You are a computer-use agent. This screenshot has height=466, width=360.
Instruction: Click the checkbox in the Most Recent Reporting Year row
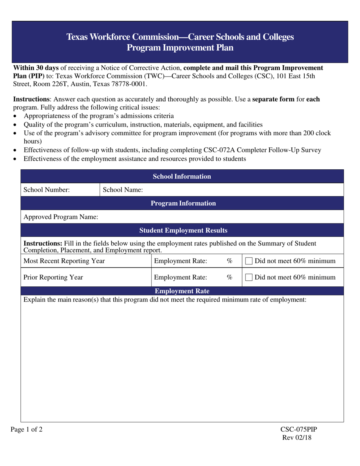pyautogui.click(x=249, y=261)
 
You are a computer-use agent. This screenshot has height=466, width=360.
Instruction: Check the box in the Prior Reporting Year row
pyautogui.click(x=249, y=278)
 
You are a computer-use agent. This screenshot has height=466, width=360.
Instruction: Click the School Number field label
pyautogui.click(x=47, y=190)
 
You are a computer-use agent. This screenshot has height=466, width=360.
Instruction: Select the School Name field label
pyautogui.click(x=123, y=190)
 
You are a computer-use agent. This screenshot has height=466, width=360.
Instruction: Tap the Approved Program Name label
pyautogui.click(x=61, y=217)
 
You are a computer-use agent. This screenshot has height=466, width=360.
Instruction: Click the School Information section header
pyautogui.click(x=182, y=176)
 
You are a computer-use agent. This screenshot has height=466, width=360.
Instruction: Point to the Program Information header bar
pyautogui.click(x=183, y=203)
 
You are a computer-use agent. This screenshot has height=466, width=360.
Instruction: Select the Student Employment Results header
pyautogui.click(x=183, y=230)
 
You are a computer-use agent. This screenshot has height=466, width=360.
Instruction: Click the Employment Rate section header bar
pyautogui.click(x=183, y=291)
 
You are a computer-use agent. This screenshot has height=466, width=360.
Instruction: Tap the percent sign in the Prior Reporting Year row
pyautogui.click(x=229, y=277)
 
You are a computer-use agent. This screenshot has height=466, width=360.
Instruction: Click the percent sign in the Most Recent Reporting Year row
pyautogui.click(x=229, y=261)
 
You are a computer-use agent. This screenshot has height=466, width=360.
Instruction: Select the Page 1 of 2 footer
pyautogui.click(x=27, y=429)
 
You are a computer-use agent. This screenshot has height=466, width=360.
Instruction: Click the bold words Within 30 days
pyautogui.click(x=36, y=68)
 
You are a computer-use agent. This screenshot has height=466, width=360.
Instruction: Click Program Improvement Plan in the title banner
pyautogui.click(x=180, y=48)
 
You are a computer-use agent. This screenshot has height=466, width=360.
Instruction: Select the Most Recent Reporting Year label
pyautogui.click(x=64, y=261)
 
